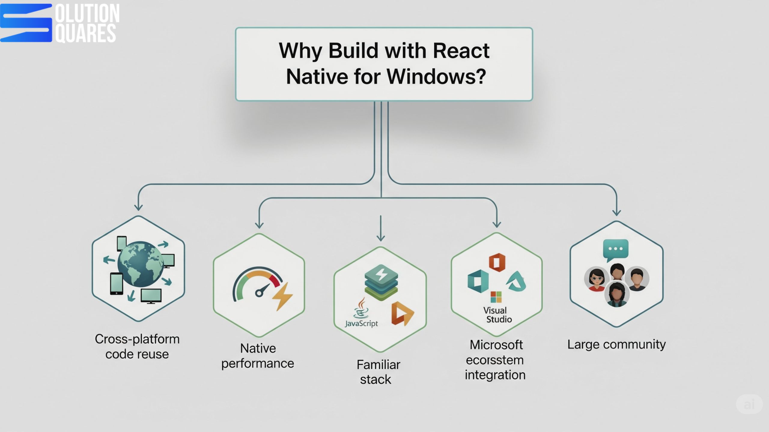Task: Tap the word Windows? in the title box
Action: point(436,76)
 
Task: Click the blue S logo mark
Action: point(26,23)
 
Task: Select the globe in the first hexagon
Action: point(140,264)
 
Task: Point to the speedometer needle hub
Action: point(259,293)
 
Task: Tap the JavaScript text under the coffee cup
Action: point(361,323)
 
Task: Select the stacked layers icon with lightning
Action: point(381,282)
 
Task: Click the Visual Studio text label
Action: point(497,315)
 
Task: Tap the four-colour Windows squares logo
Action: point(496,297)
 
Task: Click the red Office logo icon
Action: point(497,262)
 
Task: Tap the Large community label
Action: point(616,344)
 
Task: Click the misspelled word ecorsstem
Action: point(495,360)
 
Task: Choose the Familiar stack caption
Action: point(378,372)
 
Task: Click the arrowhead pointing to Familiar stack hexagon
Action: point(381,238)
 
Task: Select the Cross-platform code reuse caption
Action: point(137,346)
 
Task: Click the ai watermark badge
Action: point(749,404)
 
